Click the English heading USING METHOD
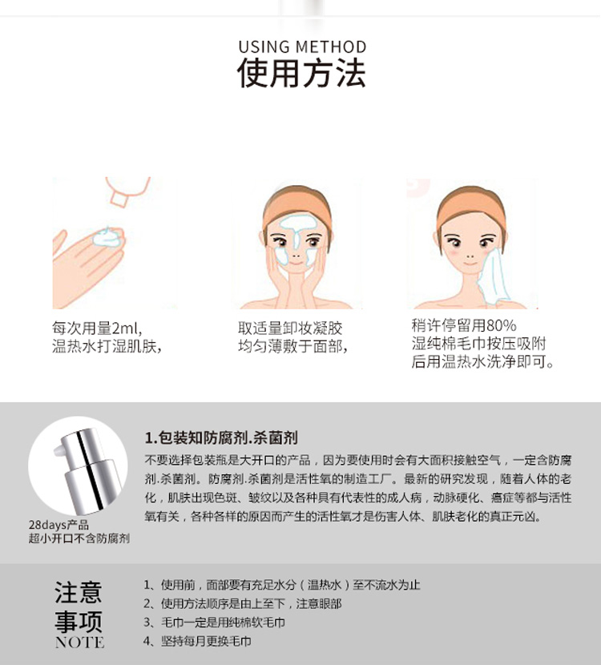pos(302,47)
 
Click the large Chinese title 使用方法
pos(301,73)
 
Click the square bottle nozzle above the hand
pos(119,199)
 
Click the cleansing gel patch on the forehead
pos(297,223)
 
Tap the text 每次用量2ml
pos(96,328)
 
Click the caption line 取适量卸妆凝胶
pos(290,328)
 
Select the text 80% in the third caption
pos(502,326)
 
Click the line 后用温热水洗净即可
pos(482,362)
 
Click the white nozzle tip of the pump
pos(59,450)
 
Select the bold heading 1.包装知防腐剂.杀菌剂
pos(221,437)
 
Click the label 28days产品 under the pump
pos(58,525)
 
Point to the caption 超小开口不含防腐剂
pos(79,538)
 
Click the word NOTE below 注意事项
pos(79,642)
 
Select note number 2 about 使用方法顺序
pos(243,603)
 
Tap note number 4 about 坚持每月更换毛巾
pos(197,641)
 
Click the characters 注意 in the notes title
pos(79,592)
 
